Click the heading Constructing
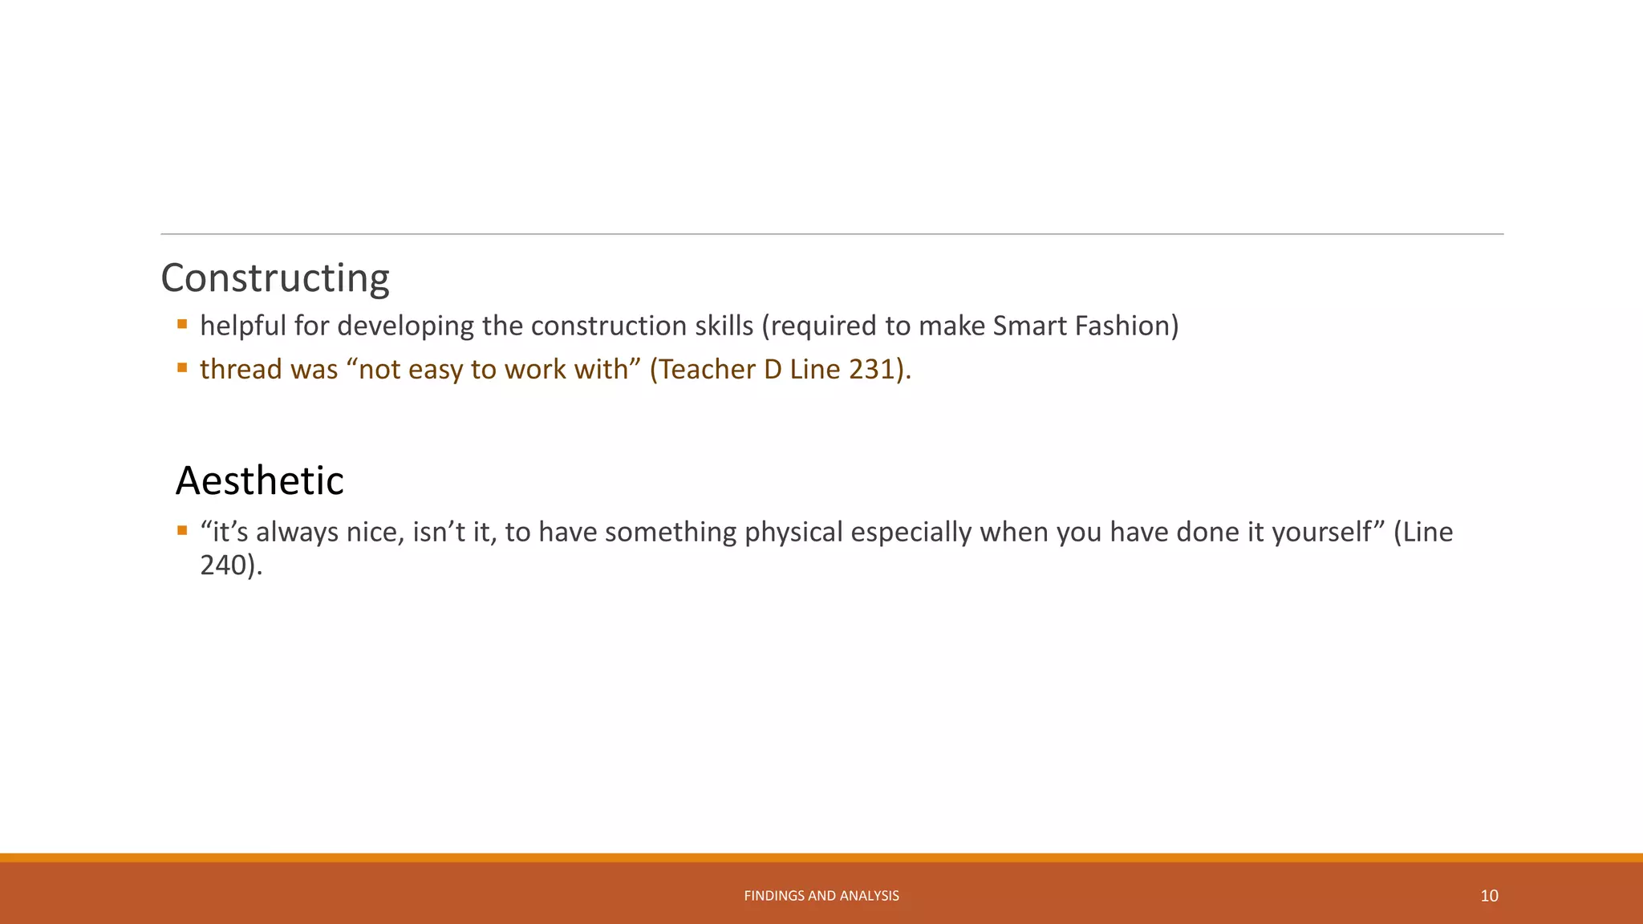pyautogui.click(x=275, y=278)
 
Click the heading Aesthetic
pyautogui.click(x=259, y=481)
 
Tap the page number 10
pyautogui.click(x=1489, y=896)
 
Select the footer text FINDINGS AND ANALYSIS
pyautogui.click(x=821, y=896)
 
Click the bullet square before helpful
pyautogui.click(x=182, y=325)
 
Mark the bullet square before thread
pyautogui.click(x=182, y=368)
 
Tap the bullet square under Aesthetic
pyautogui.click(x=182, y=531)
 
